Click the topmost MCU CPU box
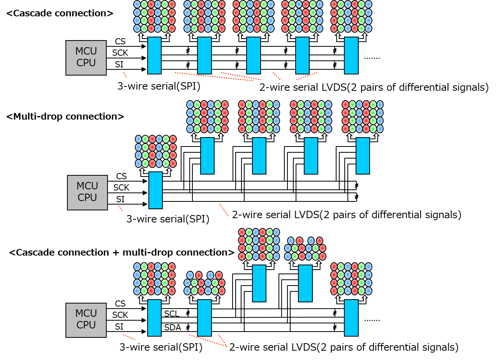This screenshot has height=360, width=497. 86,58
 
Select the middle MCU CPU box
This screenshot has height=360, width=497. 87,192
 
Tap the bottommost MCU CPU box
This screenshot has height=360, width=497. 86,320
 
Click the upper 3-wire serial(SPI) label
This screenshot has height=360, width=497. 159,87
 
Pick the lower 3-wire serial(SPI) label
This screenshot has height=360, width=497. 168,220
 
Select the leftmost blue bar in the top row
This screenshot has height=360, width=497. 154,55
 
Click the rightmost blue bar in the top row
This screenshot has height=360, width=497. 351,55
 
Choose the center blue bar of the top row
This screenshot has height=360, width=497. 253,55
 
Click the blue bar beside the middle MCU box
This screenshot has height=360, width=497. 155,190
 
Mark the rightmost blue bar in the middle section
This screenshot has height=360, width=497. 363,156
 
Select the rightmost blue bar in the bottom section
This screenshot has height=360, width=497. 351,318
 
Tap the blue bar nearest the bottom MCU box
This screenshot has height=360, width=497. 154,318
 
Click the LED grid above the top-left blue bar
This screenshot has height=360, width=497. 154,16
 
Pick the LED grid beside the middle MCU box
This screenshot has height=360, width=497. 156,152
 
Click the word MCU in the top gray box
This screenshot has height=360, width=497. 86,52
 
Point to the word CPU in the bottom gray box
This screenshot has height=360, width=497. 86,325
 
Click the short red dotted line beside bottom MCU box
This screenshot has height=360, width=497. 129,337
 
